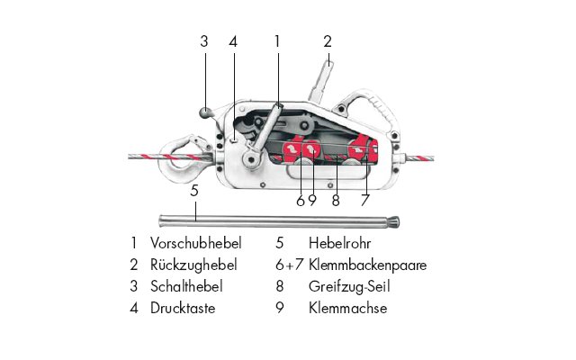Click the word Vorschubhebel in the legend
[x=196, y=243]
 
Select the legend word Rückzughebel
[x=193, y=265]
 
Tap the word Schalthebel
[x=186, y=286]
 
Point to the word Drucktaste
[x=183, y=308]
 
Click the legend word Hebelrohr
[x=340, y=243]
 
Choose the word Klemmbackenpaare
[x=368, y=265]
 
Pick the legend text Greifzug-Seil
[x=349, y=286]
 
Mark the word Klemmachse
[x=348, y=308]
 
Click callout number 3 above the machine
[x=204, y=41]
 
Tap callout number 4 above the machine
[x=233, y=41]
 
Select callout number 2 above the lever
[x=328, y=41]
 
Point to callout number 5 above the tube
[x=194, y=191]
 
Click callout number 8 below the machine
[x=336, y=201]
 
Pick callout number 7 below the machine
[x=364, y=201]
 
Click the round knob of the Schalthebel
[x=205, y=112]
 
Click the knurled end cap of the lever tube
[x=394, y=222]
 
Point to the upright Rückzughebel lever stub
[x=321, y=82]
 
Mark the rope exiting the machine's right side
[x=418, y=158]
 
